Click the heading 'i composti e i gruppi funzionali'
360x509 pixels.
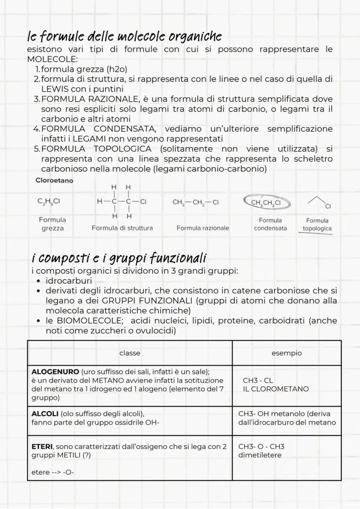point(119,258)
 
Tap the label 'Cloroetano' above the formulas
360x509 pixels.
point(54,180)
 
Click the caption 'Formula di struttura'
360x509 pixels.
point(122,228)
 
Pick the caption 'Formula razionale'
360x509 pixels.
point(203,228)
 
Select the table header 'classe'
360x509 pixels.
point(130,353)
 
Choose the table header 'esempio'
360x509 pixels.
point(286,353)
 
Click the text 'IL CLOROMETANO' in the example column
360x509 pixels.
point(276,389)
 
